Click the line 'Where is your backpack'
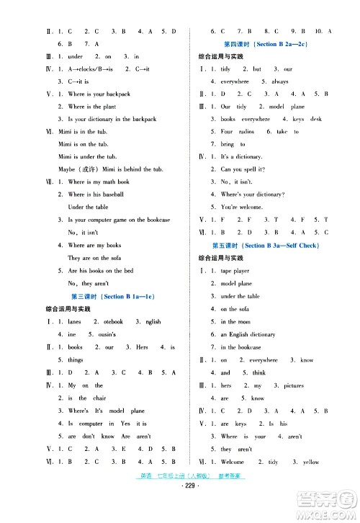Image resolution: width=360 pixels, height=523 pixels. coord(99,94)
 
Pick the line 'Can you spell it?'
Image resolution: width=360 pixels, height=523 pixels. coord(243,169)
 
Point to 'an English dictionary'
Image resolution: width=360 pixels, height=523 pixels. coord(248,335)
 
